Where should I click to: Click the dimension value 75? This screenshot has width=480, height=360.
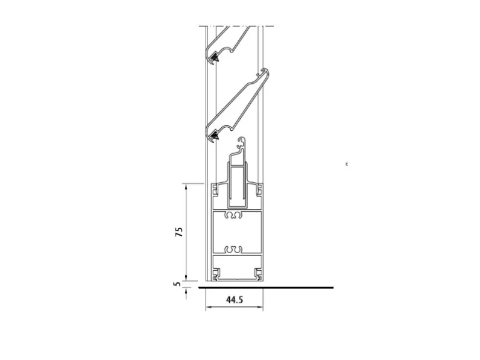(x=179, y=232)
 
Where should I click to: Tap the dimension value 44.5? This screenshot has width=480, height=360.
(x=235, y=299)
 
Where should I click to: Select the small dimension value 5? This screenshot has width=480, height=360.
(x=177, y=284)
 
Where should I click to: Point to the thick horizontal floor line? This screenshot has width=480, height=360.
(x=266, y=288)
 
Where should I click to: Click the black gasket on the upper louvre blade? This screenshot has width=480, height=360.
(x=215, y=57)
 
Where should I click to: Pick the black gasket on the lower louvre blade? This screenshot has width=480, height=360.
(x=215, y=135)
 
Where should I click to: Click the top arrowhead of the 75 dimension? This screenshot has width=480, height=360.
(x=186, y=186)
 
